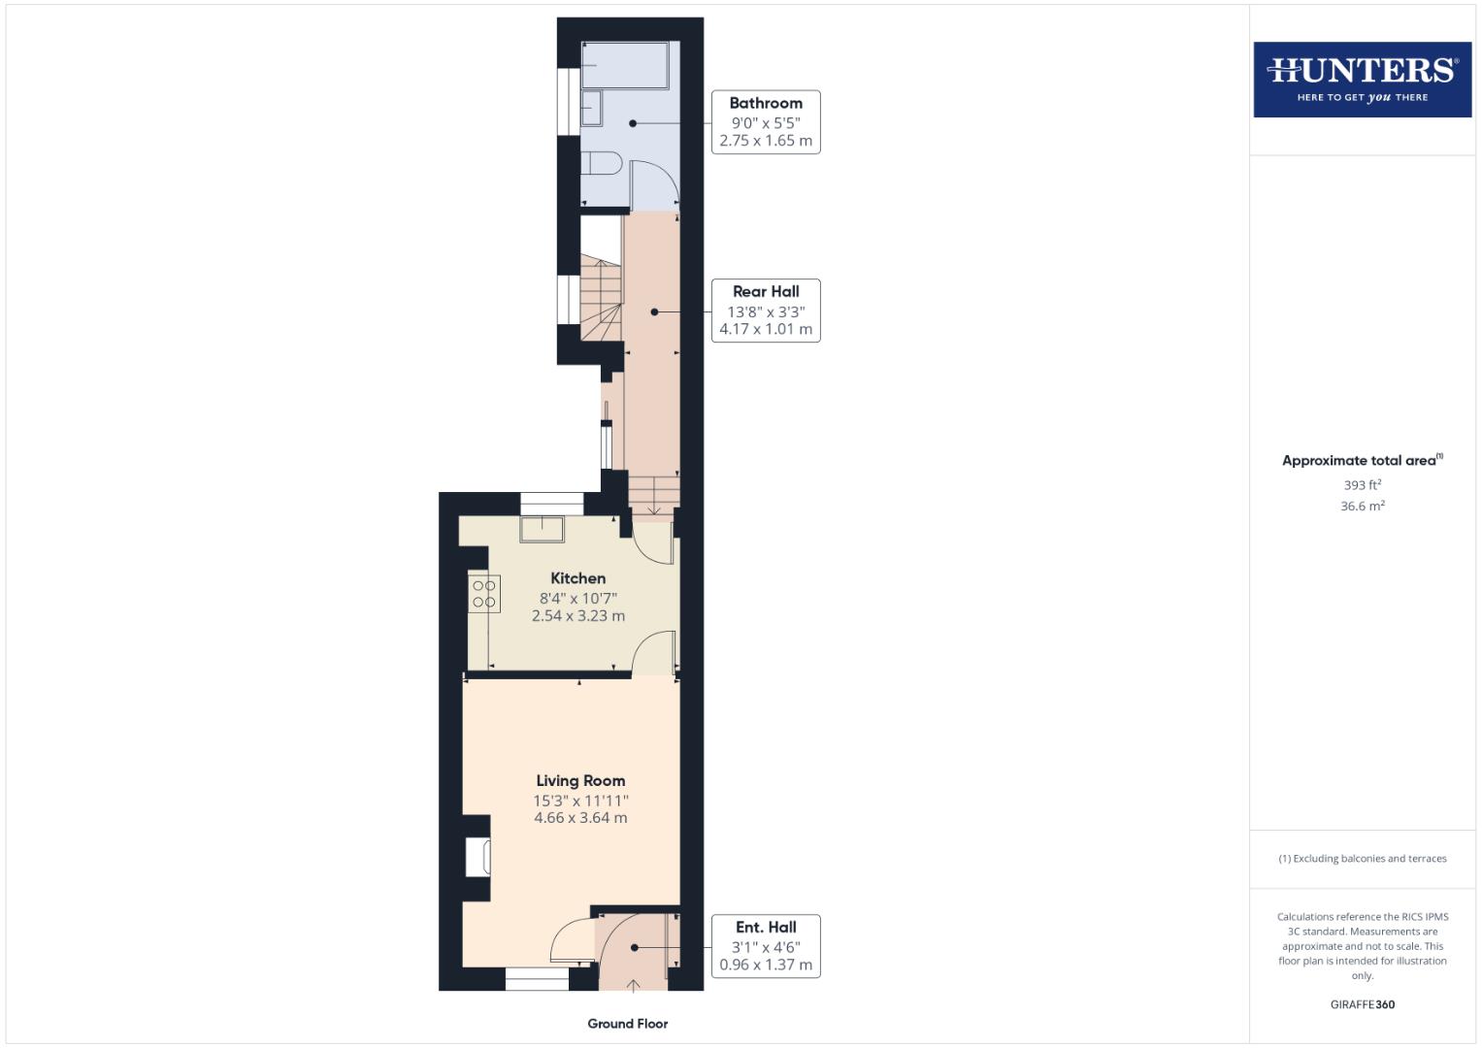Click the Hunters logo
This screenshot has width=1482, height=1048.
pos(1362,79)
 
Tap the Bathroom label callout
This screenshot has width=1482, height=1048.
pos(766,122)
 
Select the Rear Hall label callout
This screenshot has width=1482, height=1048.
pos(766,311)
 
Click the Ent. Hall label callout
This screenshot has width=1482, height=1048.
pos(766,946)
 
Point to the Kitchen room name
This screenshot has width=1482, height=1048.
pos(577,578)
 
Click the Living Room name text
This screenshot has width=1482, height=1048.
pos(580,780)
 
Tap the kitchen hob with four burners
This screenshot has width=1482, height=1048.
pos(483,594)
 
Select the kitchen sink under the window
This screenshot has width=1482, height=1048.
pos(542,530)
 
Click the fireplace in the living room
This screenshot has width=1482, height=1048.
pos(478,858)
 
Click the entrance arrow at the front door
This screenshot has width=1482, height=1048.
pos(633,986)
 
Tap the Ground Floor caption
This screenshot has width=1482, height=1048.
pos(628,1024)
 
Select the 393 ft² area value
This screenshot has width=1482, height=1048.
pos(1362,485)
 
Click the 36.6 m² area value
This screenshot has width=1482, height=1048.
pos(1362,506)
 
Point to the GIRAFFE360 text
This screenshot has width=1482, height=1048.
pos(1362,1004)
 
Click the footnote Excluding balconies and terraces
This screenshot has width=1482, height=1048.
pos(1362,859)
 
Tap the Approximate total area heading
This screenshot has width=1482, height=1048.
pos(1360,461)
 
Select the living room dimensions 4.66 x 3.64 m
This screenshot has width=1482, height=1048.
pos(580,818)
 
